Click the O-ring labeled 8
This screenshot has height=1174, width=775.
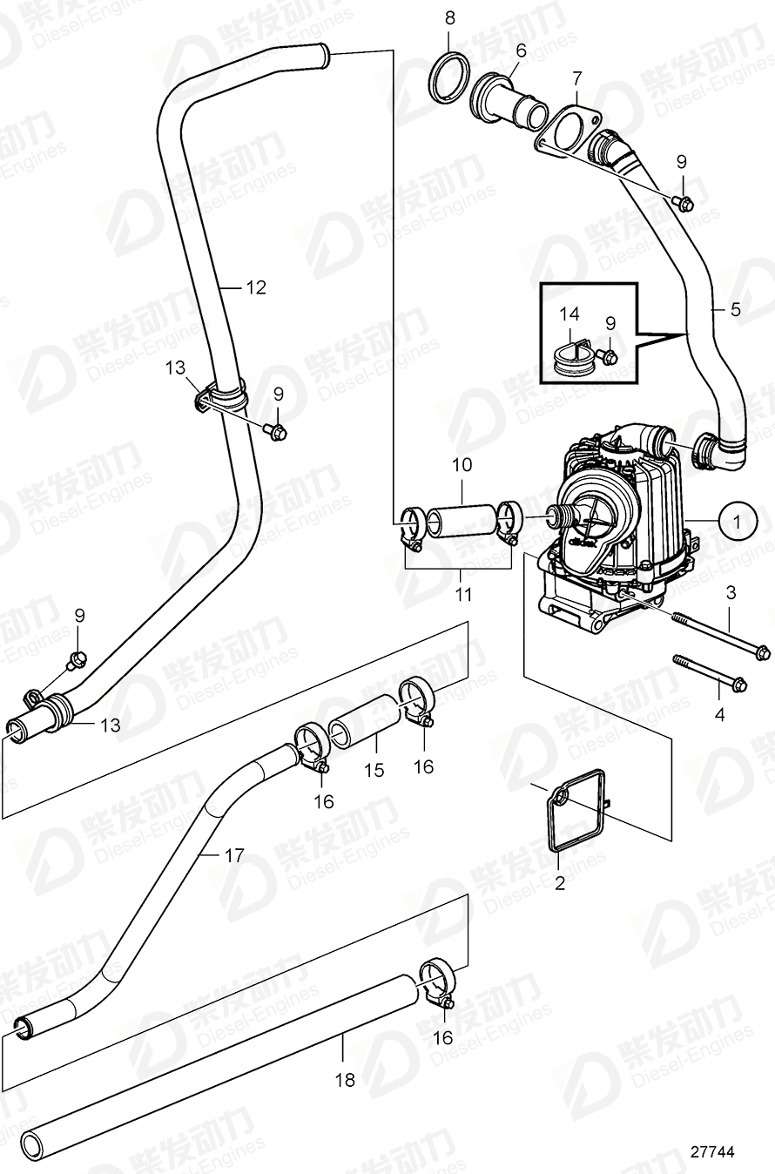coord(449,80)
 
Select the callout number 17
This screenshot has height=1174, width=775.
coord(233,855)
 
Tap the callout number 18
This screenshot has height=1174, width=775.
coord(346,1080)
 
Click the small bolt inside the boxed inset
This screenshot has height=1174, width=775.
coord(610,357)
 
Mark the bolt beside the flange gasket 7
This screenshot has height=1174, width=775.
coord(684,203)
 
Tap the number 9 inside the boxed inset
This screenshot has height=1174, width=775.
coord(610,322)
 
